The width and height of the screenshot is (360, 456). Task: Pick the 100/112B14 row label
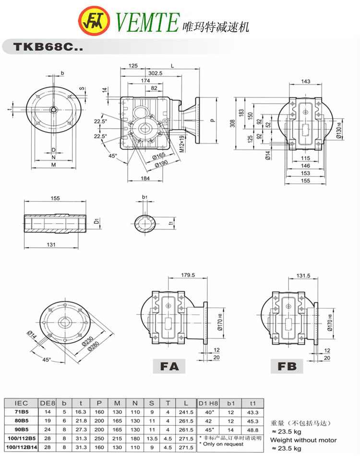coord(20,446)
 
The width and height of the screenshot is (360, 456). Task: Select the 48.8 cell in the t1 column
coord(252,429)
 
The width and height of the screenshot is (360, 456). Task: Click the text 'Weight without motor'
coord(303,440)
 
